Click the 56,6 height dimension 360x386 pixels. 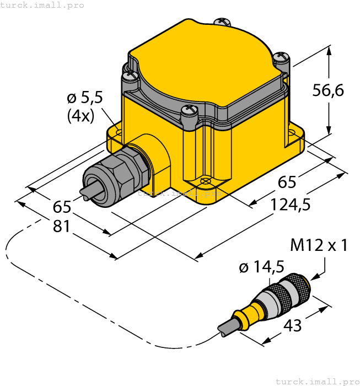tap(328, 89)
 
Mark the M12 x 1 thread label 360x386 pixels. tap(319, 245)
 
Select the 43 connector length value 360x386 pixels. tap(292, 325)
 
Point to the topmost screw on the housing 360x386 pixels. tap(223, 22)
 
